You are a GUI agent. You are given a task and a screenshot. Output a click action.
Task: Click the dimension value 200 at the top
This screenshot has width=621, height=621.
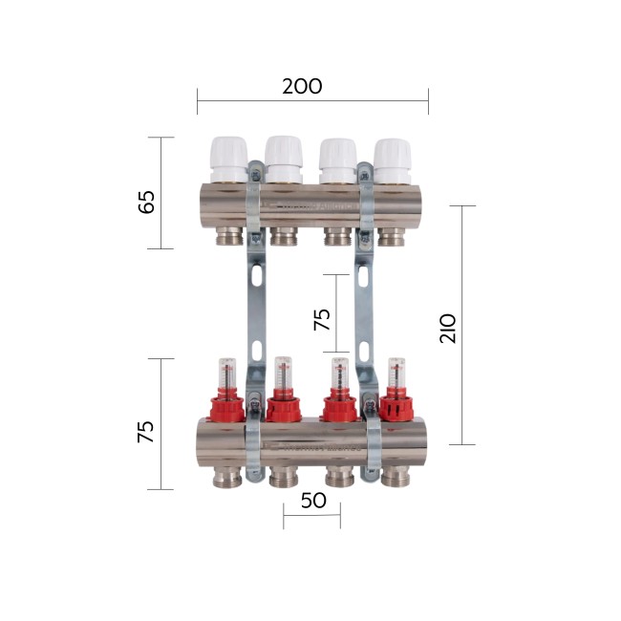[x=302, y=86]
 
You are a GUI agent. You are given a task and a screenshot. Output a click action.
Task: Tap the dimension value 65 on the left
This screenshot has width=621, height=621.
[x=146, y=203]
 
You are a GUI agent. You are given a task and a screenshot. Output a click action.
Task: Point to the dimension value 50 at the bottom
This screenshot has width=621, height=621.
[x=312, y=501]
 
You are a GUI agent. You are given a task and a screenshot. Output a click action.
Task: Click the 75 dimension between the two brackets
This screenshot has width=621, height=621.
[x=323, y=318]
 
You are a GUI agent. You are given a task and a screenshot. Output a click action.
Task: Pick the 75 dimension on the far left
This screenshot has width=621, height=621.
[x=145, y=431]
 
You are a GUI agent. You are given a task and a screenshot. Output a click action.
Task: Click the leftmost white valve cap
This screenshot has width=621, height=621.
[x=227, y=159]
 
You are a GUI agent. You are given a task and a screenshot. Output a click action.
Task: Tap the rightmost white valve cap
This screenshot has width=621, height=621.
[x=392, y=161]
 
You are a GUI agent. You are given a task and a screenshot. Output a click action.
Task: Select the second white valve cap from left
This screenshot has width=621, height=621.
[x=283, y=159]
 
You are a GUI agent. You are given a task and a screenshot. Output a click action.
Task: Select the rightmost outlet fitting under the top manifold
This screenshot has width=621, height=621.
[x=392, y=236]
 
